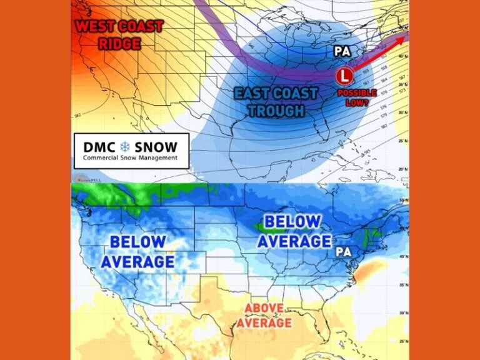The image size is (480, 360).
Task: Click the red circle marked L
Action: [x=342, y=77]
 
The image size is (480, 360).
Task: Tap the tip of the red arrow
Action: [x=406, y=36]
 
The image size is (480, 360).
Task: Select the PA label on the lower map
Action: [x=342, y=251]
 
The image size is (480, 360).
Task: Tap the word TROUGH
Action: [x=276, y=111]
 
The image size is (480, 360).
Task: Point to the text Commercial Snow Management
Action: [x=130, y=158]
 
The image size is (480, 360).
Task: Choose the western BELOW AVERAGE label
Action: [x=137, y=251]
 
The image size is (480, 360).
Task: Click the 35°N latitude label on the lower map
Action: [x=404, y=284]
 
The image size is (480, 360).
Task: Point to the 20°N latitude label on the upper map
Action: [x=404, y=169]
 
